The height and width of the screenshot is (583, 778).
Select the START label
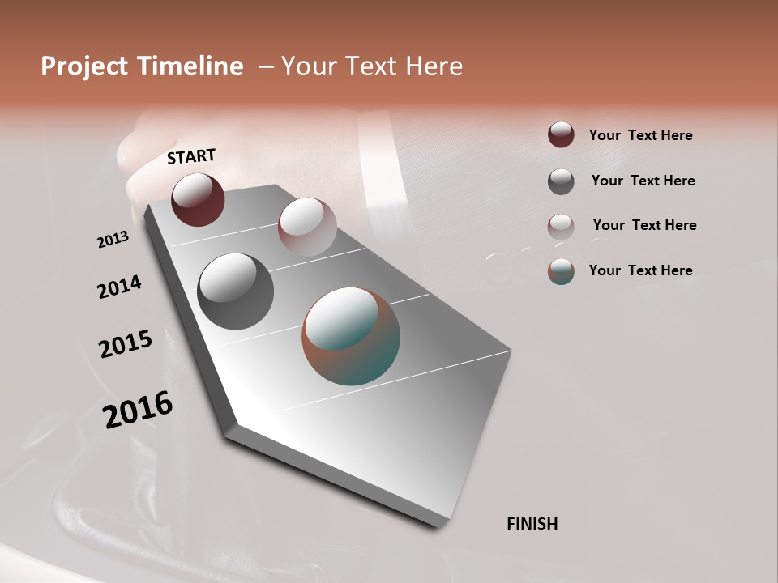tap(191, 156)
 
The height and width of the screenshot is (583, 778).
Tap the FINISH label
tap(532, 524)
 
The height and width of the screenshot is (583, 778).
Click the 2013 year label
tap(113, 240)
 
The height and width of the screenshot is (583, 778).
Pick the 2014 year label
tap(119, 287)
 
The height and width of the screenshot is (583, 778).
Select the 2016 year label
tap(138, 410)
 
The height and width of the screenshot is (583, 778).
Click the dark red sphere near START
tap(198, 199)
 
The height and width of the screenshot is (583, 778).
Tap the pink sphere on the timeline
tap(306, 227)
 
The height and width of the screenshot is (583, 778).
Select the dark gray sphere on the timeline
tap(236, 291)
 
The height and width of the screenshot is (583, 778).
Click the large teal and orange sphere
tap(351, 336)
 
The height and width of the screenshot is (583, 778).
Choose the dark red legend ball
tap(561, 134)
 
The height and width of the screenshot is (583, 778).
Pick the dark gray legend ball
tap(561, 181)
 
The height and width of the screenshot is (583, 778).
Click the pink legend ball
tap(561, 227)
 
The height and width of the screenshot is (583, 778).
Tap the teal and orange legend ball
tap(561, 271)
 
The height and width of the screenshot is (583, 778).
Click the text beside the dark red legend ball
tap(640, 135)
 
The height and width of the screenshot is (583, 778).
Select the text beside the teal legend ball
tap(640, 270)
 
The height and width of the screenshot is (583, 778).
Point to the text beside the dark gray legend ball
tap(643, 181)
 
